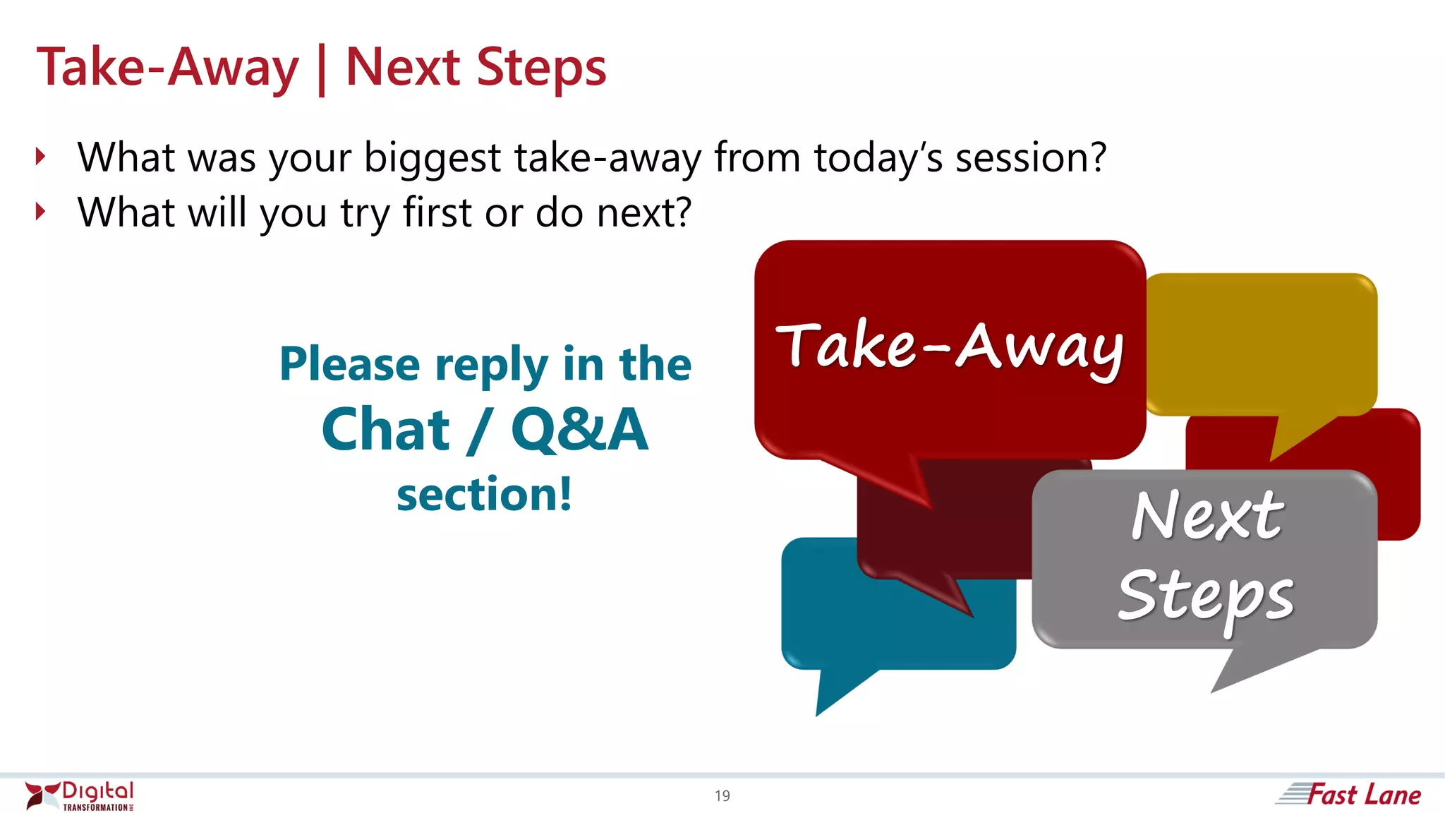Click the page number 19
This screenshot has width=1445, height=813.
click(x=722, y=796)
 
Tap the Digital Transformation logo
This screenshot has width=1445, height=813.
click(x=79, y=796)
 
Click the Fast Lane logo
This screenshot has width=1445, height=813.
click(x=1349, y=795)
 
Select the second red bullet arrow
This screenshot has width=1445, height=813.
click(x=41, y=212)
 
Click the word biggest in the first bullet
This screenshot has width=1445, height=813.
click(x=432, y=158)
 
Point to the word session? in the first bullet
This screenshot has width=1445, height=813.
click(x=1030, y=157)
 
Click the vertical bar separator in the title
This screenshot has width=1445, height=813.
click(x=322, y=69)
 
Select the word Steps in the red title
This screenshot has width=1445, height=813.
click(x=541, y=68)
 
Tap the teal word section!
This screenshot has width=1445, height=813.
click(x=484, y=494)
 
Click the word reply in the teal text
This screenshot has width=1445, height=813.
click(x=491, y=366)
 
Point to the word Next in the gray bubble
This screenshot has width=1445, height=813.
click(x=1207, y=515)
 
